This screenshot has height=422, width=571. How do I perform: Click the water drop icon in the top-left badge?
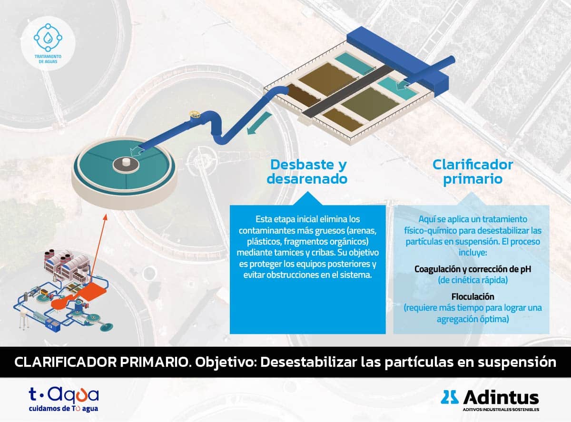(48, 38)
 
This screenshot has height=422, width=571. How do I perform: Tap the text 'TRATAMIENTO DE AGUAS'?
(48, 59)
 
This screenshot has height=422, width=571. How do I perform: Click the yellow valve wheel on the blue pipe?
(195, 114)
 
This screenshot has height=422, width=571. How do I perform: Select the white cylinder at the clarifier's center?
(126, 161)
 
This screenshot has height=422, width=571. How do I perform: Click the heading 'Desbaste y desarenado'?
(307, 171)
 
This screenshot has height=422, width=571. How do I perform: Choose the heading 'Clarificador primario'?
(473, 172)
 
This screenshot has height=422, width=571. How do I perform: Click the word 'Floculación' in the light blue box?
(473, 296)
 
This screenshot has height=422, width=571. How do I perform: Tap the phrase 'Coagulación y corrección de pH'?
(473, 269)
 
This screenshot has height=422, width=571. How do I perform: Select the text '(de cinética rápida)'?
(473, 280)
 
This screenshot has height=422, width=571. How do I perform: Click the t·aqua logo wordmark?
(64, 395)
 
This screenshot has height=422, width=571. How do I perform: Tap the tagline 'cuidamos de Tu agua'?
(64, 409)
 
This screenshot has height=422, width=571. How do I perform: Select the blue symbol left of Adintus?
(450, 397)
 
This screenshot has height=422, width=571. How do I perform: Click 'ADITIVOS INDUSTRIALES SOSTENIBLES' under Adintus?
(501, 409)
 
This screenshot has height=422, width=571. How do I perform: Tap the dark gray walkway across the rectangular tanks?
(347, 90)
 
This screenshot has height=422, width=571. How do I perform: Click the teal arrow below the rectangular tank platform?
(259, 123)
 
